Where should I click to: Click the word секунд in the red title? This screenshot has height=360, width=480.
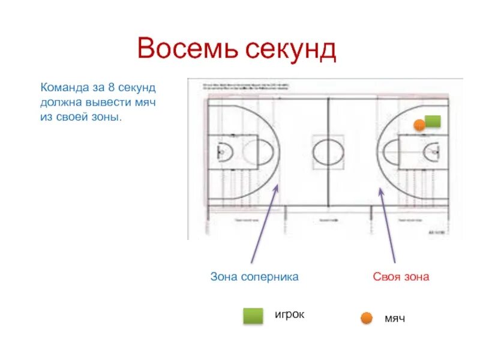click(290, 49)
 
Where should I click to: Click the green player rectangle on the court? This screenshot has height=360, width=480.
click(433, 121)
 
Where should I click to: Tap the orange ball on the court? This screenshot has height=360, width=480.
click(419, 125)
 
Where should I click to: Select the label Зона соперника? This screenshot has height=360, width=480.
click(254, 277)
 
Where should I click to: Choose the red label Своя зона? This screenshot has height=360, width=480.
click(401, 277)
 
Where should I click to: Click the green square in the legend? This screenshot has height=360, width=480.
click(253, 316)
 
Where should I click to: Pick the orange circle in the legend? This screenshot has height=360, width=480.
click(366, 318)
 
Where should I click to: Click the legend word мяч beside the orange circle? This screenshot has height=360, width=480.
click(395, 318)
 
